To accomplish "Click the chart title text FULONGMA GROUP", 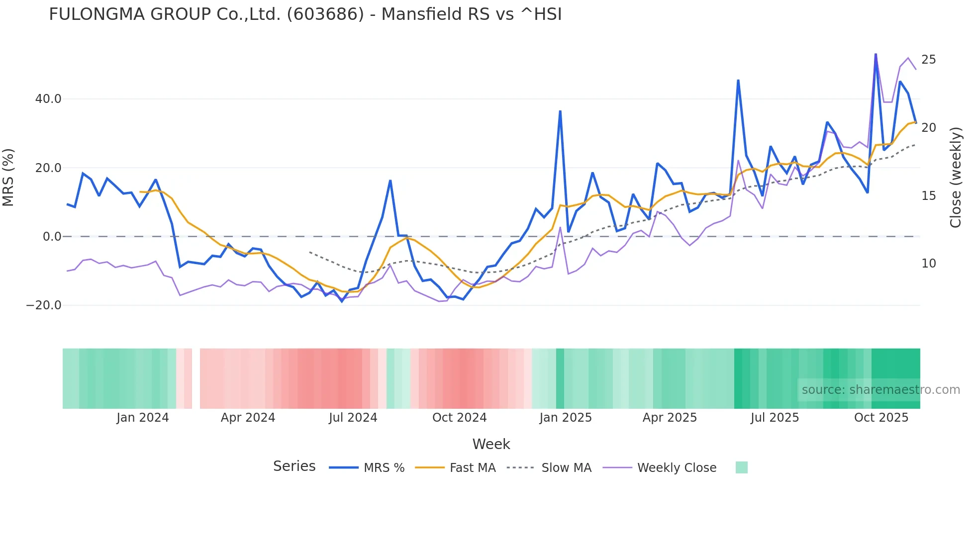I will [x=305, y=14].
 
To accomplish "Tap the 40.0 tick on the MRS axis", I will [x=48, y=99].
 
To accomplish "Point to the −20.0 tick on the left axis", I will [x=44, y=305].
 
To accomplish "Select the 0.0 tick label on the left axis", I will [x=52, y=237].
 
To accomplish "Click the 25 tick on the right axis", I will [x=928, y=60].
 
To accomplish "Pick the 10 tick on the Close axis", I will [x=928, y=264].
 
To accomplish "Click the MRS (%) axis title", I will [x=8, y=178].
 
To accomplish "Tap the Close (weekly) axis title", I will [x=955, y=178].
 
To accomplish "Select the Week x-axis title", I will [x=491, y=444].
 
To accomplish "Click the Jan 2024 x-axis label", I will [x=143, y=418].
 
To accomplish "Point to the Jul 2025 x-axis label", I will [x=775, y=418].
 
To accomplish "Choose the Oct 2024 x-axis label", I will [x=459, y=418].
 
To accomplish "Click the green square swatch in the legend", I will [x=741, y=467].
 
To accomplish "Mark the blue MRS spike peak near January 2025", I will [x=560, y=111].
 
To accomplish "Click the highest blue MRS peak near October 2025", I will [x=876, y=54].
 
